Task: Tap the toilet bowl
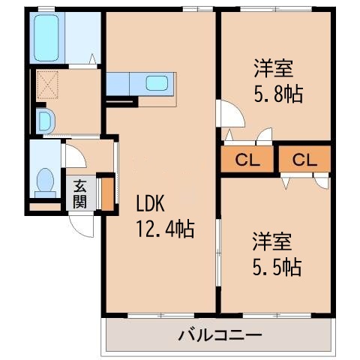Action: (x=44, y=182)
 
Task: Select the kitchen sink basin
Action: (x=158, y=82)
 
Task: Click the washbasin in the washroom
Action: (x=43, y=118)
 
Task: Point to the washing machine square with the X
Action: (x=46, y=85)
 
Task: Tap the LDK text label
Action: (x=150, y=205)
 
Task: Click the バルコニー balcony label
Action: (x=219, y=334)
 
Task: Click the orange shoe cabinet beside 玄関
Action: (x=107, y=191)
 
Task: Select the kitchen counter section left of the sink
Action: (x=118, y=82)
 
